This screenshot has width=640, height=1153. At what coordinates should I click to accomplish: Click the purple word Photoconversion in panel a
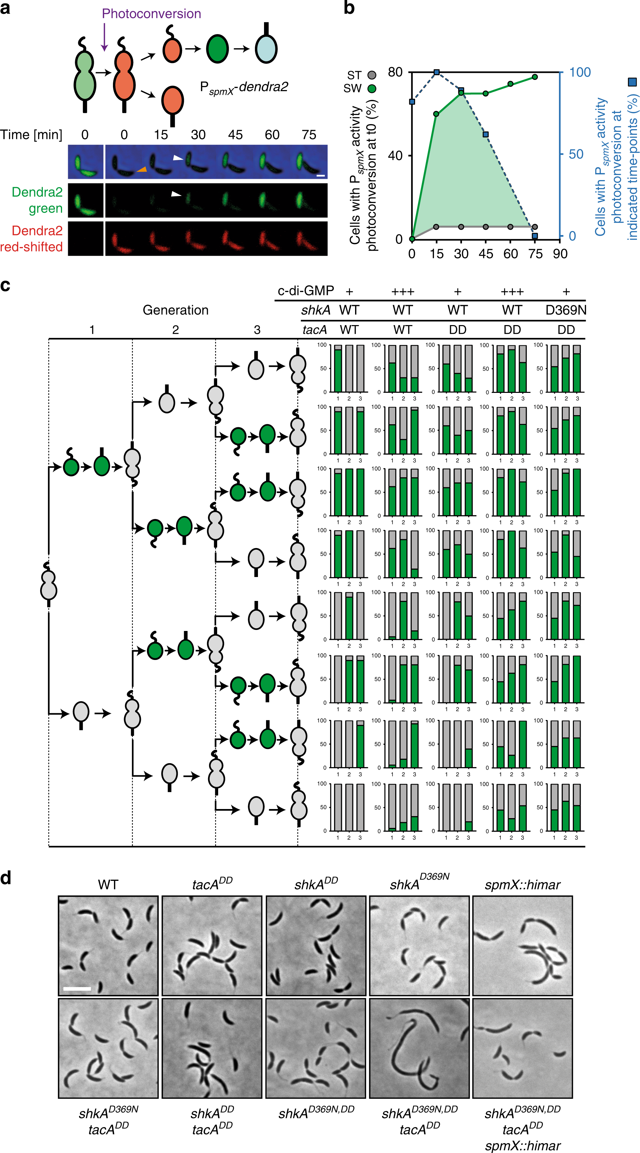point(151,13)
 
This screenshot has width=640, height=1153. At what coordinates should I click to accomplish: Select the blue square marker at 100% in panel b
point(437,72)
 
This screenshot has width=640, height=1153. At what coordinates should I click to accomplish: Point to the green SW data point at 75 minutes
point(535,77)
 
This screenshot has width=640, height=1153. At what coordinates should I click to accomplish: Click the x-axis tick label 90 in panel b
point(560,254)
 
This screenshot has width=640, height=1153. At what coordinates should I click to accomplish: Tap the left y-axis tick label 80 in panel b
point(395,72)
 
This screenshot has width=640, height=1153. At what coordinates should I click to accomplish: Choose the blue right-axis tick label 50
point(576,154)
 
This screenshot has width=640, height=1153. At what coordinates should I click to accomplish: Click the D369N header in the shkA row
point(566,310)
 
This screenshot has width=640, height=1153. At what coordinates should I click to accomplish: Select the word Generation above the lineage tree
point(175,310)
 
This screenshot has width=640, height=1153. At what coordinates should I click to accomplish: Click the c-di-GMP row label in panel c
point(306,291)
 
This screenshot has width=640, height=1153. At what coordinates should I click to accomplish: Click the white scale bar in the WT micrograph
point(77,988)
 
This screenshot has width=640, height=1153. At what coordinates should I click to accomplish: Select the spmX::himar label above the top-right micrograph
point(522,885)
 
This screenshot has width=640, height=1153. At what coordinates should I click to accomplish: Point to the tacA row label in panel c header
point(314,330)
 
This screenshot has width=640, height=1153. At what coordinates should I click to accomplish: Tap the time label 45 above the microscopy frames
point(235,135)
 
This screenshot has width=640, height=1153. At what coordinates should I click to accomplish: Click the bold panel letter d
point(6,878)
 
